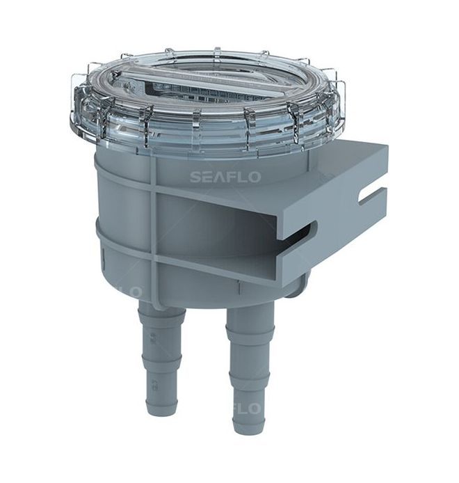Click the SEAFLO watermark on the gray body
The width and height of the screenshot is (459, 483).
tap(225, 177)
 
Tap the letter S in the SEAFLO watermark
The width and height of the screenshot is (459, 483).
tap(195, 177)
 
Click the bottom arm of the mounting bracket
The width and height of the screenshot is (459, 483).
tap(278, 268)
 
